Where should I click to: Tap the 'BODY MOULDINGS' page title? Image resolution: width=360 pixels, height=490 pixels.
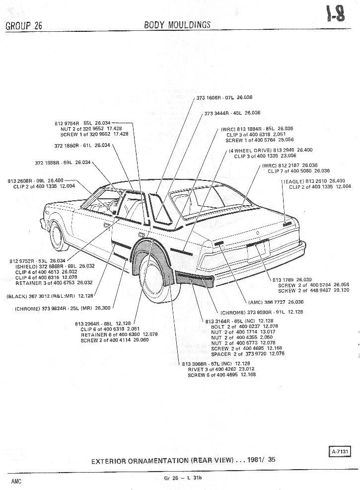(x=177, y=25)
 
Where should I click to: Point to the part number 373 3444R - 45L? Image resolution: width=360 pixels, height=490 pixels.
(x=223, y=113)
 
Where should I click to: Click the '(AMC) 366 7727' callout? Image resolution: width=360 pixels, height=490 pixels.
(x=268, y=302)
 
